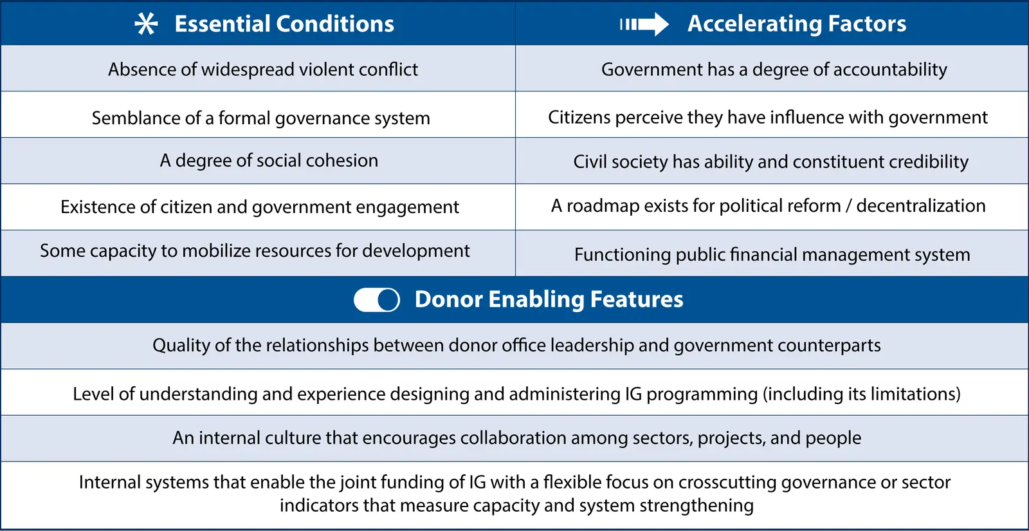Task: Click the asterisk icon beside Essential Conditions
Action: coord(146,23)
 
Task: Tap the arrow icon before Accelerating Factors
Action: coord(644,24)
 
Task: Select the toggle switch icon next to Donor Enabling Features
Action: coord(377,300)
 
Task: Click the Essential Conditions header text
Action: coord(284,24)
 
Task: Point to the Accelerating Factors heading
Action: coord(797,24)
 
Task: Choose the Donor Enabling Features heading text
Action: coord(549,299)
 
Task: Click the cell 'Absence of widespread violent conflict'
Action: coord(263,70)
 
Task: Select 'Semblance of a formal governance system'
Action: coord(261,118)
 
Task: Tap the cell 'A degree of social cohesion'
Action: coord(269,160)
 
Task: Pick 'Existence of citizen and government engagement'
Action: coord(260,207)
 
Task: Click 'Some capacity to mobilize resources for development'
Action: coord(255,251)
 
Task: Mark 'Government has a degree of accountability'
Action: coord(774,70)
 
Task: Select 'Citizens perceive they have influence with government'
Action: coord(768,117)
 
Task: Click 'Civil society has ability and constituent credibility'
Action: coord(771,162)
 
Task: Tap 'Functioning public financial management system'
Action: coord(772,254)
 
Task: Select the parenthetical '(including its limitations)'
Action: coord(862,394)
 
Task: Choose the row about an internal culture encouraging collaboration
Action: coord(517,438)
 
